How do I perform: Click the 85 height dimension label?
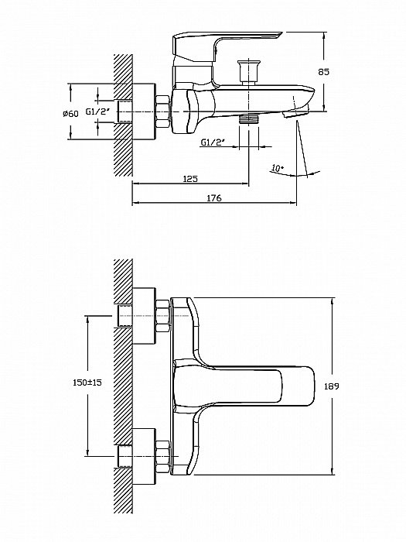[x=324, y=72]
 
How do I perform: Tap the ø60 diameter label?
[x=70, y=113]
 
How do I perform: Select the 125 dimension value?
[x=190, y=179]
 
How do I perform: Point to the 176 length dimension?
[x=214, y=198]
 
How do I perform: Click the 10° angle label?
[x=278, y=168]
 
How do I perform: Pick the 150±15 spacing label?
[x=87, y=382]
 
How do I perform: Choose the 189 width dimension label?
[x=332, y=386]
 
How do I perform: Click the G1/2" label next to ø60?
[x=97, y=111]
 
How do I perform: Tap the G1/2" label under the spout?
[x=213, y=142]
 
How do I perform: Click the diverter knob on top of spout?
[x=248, y=72]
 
